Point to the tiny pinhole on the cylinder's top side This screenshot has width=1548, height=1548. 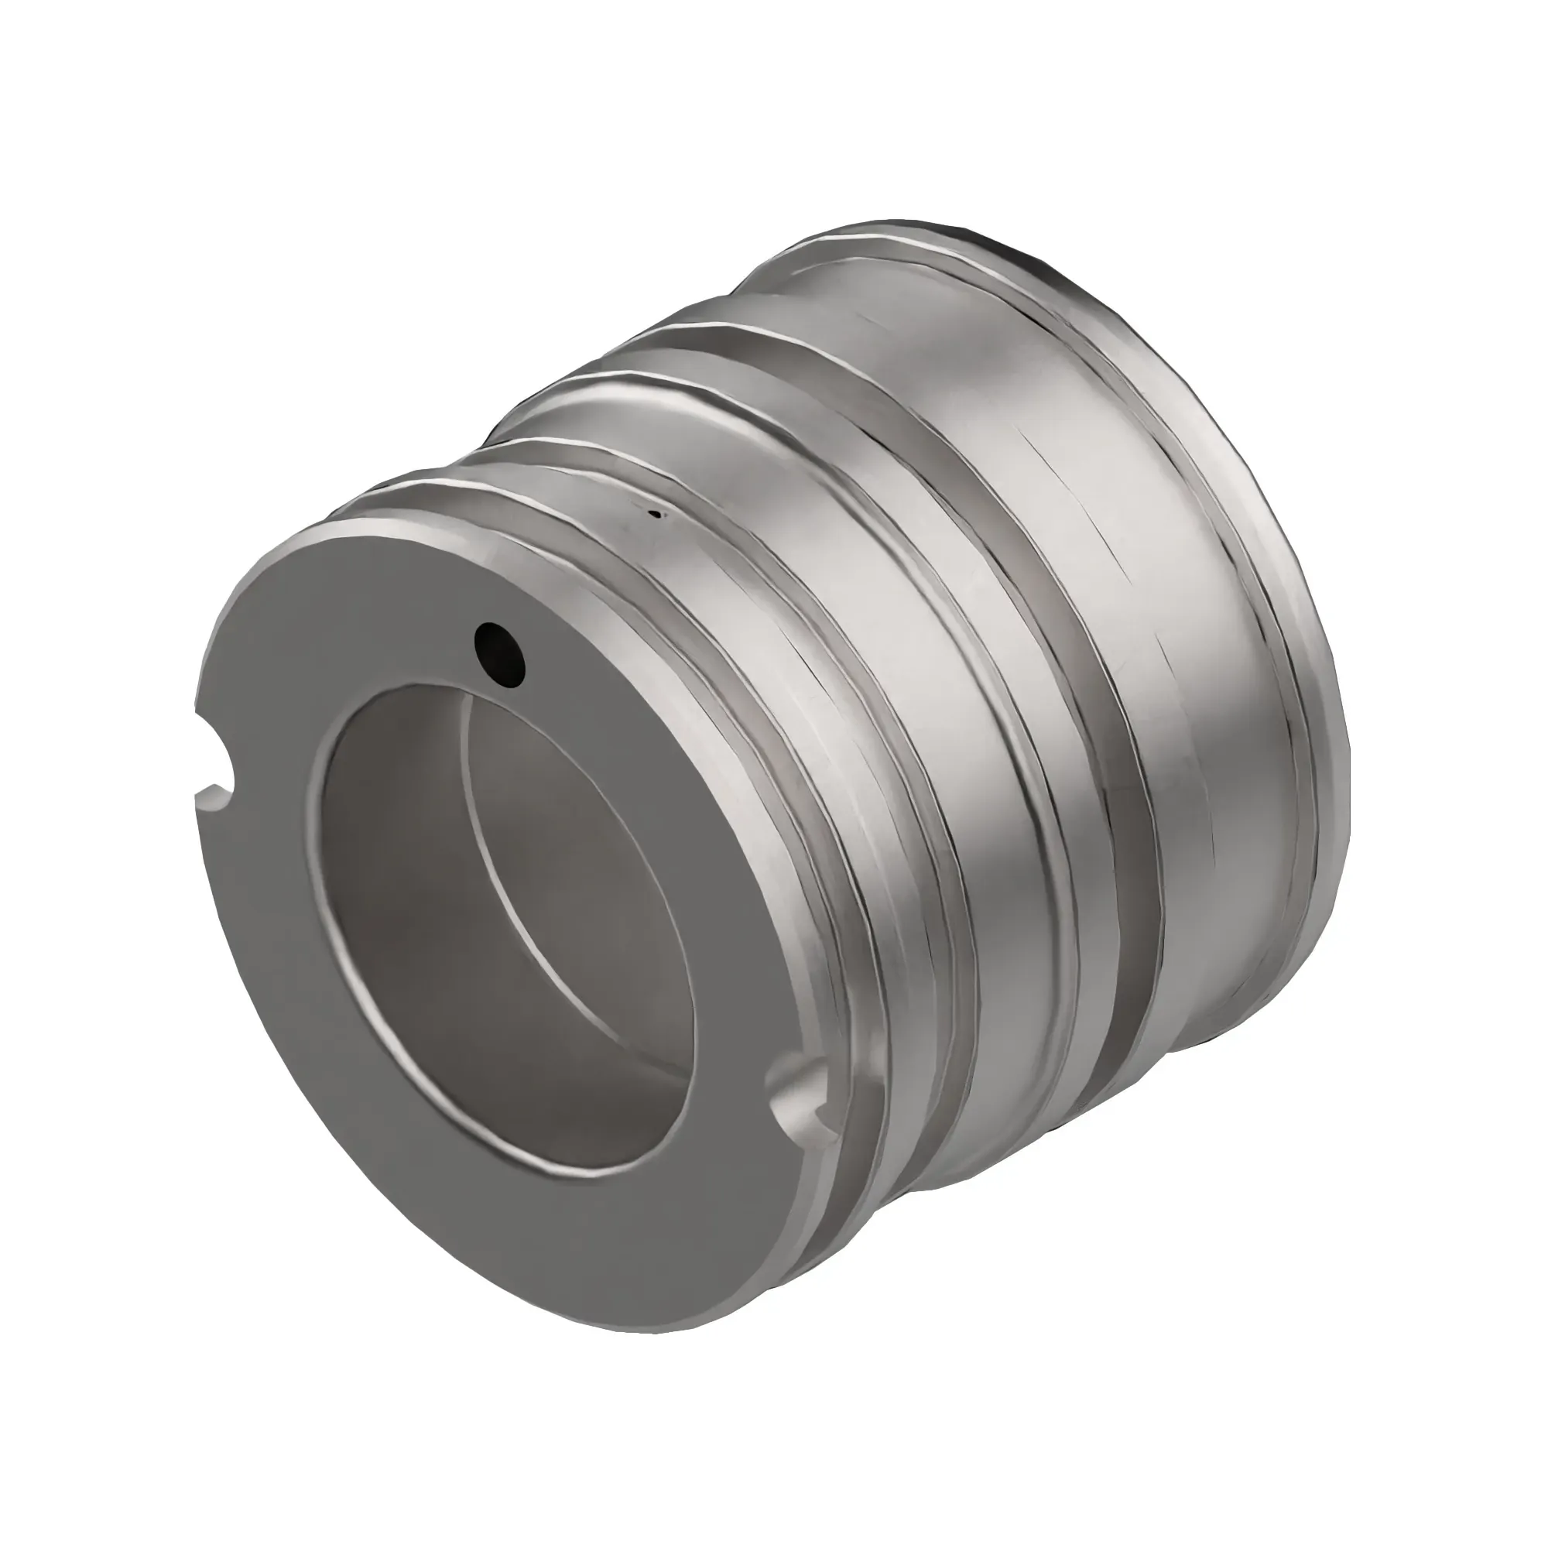coord(657,515)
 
